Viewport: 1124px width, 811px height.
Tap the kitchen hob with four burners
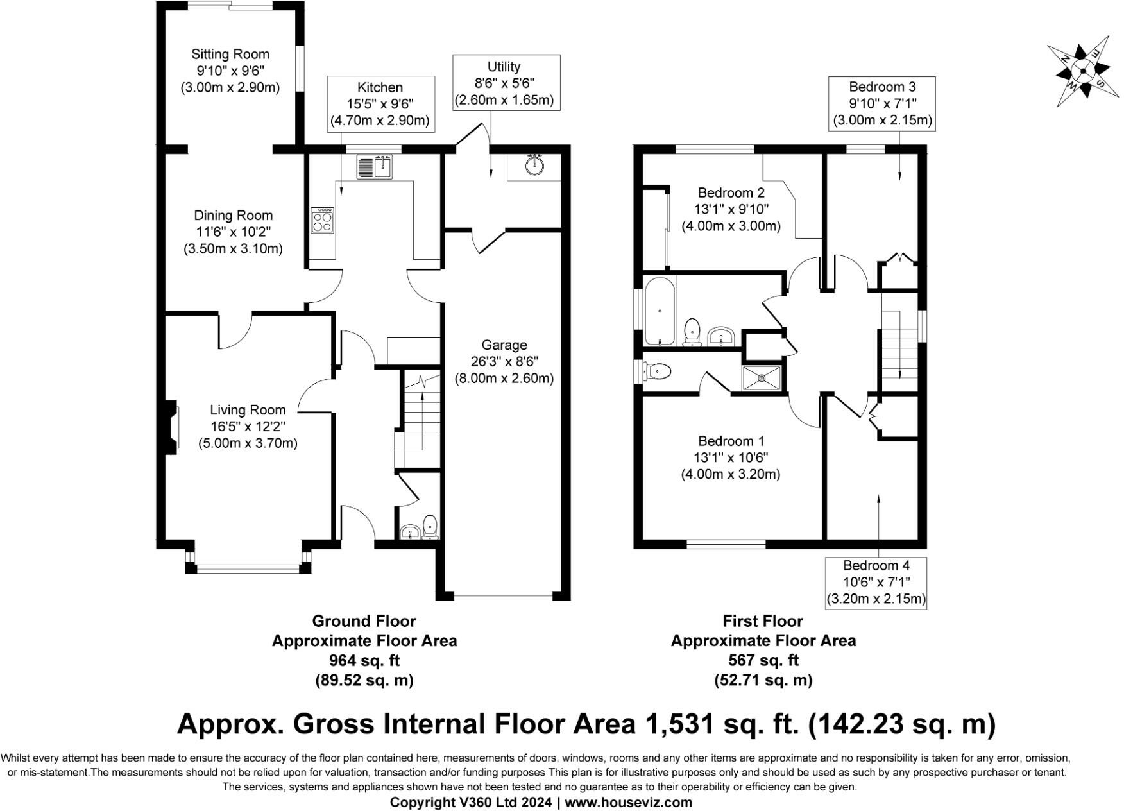click(322, 220)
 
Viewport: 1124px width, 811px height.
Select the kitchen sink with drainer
click(375, 166)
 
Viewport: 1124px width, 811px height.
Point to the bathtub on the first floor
click(660, 311)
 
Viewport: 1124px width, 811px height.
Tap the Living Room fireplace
click(171, 427)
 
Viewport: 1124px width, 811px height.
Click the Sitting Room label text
click(230, 54)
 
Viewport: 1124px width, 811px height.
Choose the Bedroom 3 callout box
click(882, 103)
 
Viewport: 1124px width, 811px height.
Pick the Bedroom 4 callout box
click(876, 582)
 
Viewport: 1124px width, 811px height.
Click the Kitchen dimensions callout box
click(380, 104)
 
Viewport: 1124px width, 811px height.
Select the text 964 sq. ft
click(364, 660)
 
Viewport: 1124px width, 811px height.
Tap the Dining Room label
click(233, 216)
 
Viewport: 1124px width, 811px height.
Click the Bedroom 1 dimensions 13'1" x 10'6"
click(731, 458)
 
